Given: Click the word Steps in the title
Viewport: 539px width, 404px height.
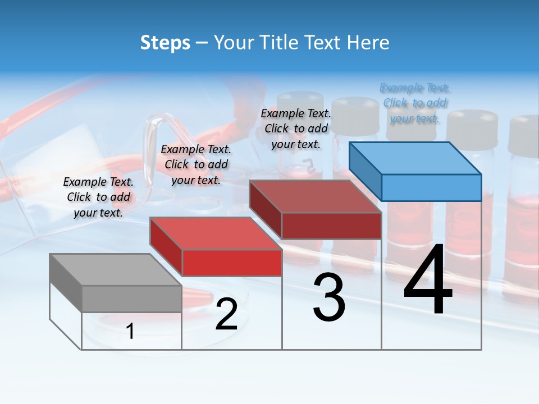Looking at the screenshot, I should pyautogui.click(x=165, y=43).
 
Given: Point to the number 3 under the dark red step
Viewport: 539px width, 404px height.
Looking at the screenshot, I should pyautogui.click(x=329, y=297).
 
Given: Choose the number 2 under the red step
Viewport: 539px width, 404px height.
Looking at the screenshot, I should pyautogui.click(x=226, y=314).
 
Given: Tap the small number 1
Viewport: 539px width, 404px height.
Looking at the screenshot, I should pyautogui.click(x=130, y=332).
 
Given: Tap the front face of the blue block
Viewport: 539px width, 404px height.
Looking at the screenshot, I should pyautogui.click(x=431, y=187).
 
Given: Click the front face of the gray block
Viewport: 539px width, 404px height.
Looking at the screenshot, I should pyautogui.click(x=131, y=299).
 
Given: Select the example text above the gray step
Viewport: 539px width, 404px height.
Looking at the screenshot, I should pyautogui.click(x=98, y=197).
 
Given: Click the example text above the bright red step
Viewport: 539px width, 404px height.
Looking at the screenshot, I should pyautogui.click(x=196, y=164).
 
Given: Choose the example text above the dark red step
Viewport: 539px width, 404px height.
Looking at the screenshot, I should pyautogui.click(x=296, y=128).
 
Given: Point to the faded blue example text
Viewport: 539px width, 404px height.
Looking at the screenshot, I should pyautogui.click(x=414, y=103).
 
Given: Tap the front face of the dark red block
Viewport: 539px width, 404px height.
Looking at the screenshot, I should pyautogui.click(x=331, y=226).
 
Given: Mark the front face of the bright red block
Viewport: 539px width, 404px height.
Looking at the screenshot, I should pyautogui.click(x=231, y=263).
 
